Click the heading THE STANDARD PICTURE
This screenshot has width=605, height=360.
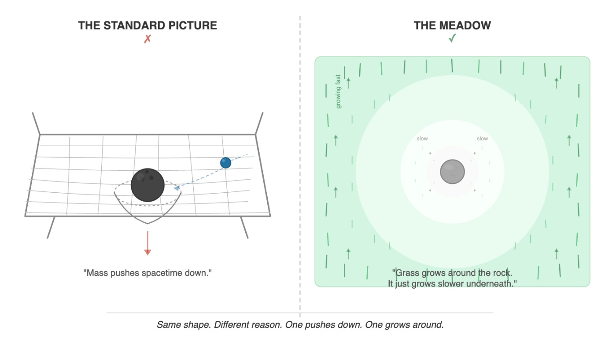click(x=148, y=26)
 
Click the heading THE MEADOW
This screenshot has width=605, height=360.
click(x=452, y=26)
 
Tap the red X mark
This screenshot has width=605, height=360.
click(x=148, y=39)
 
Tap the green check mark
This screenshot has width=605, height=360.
click(x=452, y=39)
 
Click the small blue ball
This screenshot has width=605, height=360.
click(x=225, y=163)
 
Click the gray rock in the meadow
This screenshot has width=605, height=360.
click(x=452, y=171)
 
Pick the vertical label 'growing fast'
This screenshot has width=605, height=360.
click(x=338, y=92)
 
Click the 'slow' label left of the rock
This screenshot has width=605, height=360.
click(x=422, y=139)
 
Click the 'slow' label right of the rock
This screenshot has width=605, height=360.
click(x=482, y=139)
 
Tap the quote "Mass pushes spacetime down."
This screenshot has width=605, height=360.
click(x=148, y=273)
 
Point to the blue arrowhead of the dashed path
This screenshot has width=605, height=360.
click(x=177, y=188)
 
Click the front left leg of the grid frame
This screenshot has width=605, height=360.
click(x=51, y=227)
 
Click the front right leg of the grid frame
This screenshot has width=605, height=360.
click(x=244, y=227)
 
